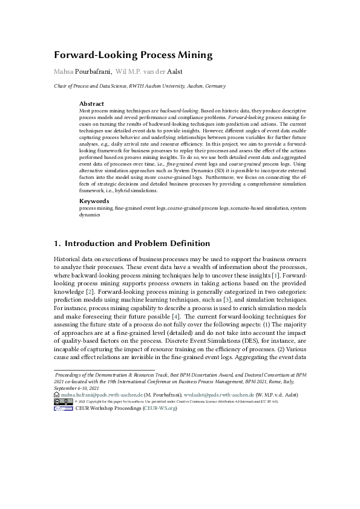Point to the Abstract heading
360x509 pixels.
(x=92, y=104)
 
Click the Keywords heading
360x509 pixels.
(x=94, y=201)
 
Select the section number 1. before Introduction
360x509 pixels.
(x=58, y=244)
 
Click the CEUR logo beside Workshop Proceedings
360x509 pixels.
(x=63, y=408)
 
